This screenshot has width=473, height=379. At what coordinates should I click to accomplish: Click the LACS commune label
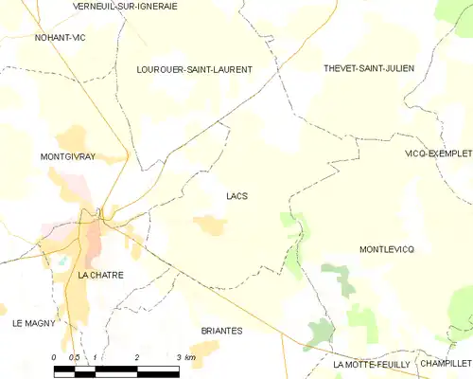coord(237,196)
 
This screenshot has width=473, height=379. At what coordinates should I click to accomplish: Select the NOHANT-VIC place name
coord(60,37)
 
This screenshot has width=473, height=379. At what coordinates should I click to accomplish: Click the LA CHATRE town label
coord(101,275)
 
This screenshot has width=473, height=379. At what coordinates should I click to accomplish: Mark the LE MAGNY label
coord(34,323)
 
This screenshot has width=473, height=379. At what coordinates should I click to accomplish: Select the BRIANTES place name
coord(222,331)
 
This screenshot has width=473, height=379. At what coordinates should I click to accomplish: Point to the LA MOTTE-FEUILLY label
coord(371,364)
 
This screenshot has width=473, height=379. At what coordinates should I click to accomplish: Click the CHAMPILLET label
coord(446,363)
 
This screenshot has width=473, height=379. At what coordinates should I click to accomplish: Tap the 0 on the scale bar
coord(54,357)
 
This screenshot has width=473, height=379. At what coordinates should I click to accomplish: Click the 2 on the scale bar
coord(138,357)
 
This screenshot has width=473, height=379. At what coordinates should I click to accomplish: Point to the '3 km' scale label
coord(184,357)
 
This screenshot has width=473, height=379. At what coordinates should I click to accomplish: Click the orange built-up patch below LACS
coord(209,225)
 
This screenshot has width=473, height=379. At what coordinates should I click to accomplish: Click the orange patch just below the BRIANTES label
coord(204,350)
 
